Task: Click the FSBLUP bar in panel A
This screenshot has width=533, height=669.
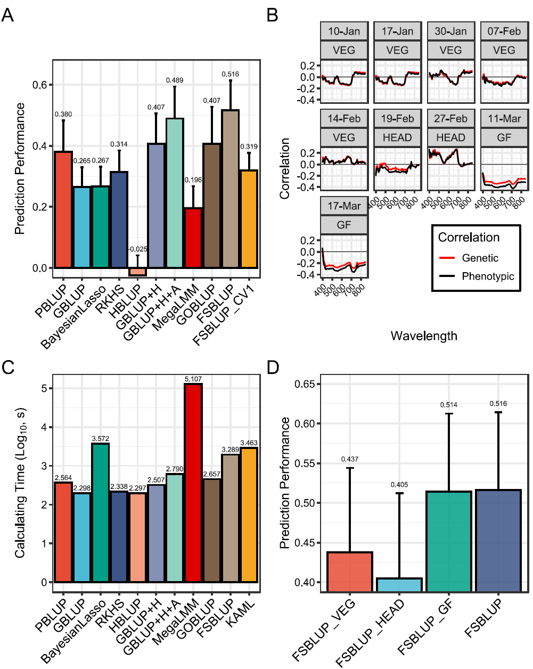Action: pos(231,189)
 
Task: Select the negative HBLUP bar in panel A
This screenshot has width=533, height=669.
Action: pos(137,272)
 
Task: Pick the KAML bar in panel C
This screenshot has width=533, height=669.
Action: pos(249,515)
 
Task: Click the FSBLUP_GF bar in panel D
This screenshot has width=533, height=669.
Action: pos(449,541)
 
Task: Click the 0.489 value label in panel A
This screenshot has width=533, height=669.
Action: pos(175,80)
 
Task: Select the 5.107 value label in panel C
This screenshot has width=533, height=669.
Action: pos(193,379)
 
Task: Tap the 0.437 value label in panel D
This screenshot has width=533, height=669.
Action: pos(350,459)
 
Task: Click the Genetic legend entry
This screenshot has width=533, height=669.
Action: pos(480,258)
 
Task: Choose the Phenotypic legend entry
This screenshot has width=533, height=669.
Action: pos(488,276)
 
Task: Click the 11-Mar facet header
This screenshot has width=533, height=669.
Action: pos(504,118)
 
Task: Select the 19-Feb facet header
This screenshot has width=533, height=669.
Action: pos(397,118)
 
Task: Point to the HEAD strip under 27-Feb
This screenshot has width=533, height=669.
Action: pos(450,137)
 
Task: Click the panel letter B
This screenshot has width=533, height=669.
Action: pos(272,15)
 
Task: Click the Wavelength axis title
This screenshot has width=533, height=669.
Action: pos(424,336)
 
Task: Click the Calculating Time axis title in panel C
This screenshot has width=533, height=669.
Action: pos(20,483)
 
